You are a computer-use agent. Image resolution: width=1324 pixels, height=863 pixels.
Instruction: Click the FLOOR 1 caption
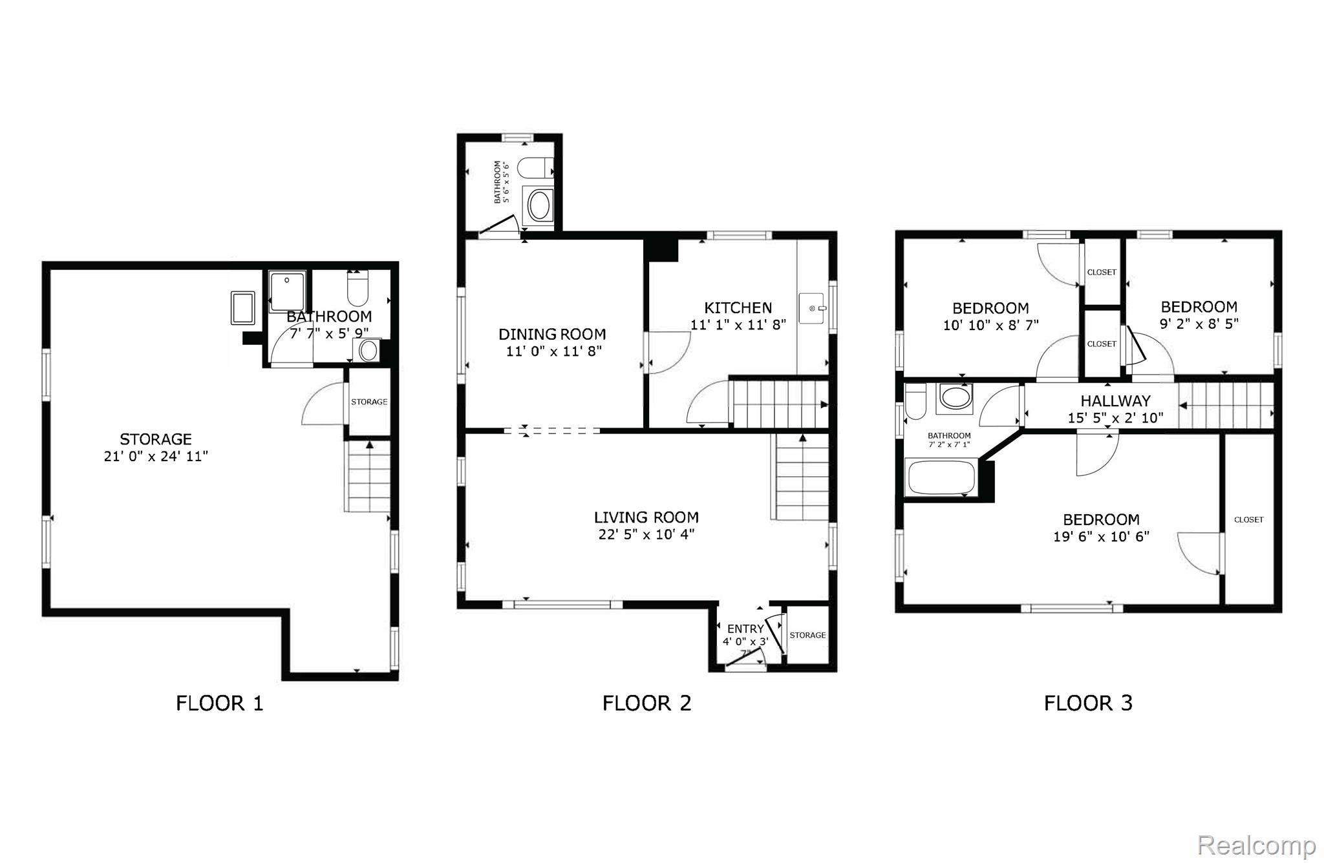coord(220,703)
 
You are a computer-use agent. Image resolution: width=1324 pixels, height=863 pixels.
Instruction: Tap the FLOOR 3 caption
coord(1088,703)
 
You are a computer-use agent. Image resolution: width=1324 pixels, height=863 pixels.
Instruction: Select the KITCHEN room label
coord(738,308)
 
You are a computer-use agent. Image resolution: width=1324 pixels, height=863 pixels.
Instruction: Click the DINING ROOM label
coord(552,334)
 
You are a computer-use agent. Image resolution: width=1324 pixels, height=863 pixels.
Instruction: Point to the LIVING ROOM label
coord(646,517)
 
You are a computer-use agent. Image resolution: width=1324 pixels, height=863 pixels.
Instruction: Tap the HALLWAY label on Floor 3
coord(1116,401)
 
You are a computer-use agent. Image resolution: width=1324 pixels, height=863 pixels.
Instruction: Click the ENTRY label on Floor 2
coord(745,629)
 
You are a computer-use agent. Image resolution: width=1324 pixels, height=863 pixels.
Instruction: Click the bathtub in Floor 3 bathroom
coord(941,477)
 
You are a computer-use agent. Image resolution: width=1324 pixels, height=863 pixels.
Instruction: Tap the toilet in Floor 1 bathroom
coord(358,289)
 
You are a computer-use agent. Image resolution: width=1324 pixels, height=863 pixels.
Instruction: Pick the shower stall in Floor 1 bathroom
coord(287,292)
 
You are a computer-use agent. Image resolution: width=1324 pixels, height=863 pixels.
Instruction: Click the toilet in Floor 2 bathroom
coord(536,168)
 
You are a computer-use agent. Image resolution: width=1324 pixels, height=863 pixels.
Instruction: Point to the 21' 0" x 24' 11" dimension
coord(156,457)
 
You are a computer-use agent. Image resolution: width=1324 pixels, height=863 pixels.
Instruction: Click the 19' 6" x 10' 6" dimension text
coord(1101,537)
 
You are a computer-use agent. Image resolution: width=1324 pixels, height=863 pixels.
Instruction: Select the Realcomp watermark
coord(1257,845)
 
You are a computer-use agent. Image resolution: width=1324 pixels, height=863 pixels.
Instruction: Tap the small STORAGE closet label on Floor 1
coord(369,402)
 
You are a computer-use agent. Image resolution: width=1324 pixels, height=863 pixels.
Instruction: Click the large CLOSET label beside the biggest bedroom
coord(1248,519)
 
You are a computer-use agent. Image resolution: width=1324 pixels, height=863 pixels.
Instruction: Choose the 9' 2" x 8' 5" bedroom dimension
coord(1199,324)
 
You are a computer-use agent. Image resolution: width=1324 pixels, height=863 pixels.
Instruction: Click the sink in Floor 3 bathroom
coord(955,397)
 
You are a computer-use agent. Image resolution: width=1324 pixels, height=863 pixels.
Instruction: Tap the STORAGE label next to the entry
coord(807,635)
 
